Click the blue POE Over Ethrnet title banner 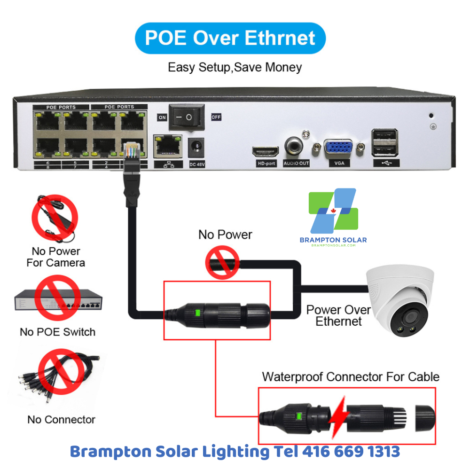pos(230,38)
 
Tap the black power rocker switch pos(187,117)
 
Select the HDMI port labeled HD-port pos(266,151)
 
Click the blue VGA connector pos(338,148)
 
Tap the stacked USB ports pos(384,143)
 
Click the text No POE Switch pos(57,332)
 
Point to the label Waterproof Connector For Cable pos(351,376)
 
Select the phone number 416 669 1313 pos(351,452)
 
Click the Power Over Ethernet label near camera pos(338,315)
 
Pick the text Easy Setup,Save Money pos(235,67)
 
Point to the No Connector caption pos(61,420)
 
